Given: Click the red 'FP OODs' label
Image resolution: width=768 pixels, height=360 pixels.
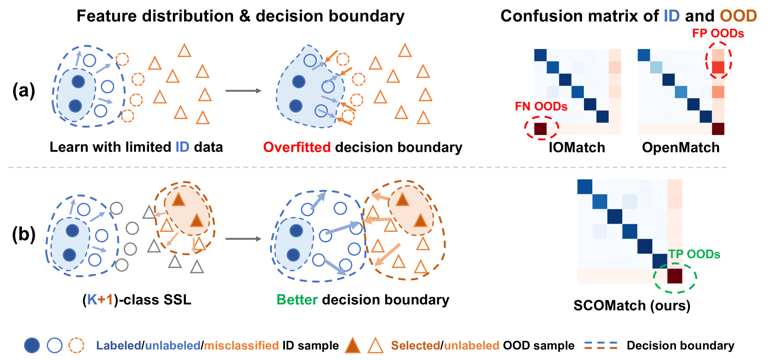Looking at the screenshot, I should click(718, 34).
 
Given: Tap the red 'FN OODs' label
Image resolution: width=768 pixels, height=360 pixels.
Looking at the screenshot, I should click(541, 106).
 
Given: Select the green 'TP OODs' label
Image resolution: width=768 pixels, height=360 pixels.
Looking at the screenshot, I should click(694, 254).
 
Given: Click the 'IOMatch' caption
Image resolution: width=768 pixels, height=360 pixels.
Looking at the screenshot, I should click(577, 148).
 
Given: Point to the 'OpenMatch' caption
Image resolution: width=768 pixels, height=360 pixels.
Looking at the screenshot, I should click(681, 148).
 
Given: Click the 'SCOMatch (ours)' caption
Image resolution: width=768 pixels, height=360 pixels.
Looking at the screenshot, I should click(632, 305).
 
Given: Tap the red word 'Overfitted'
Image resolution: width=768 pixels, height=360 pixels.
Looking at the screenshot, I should click(297, 148).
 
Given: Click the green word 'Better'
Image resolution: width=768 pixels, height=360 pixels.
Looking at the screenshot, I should click(297, 300).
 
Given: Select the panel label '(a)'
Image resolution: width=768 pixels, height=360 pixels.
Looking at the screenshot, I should click(24, 90).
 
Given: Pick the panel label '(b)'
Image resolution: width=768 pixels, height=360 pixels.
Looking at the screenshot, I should click(24, 234).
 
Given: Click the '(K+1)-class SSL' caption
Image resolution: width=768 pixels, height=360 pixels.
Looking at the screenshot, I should click(137, 300).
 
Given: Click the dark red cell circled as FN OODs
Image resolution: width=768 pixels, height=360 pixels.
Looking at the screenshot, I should click(540, 129).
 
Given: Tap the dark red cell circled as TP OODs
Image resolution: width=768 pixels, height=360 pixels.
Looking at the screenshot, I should click(675, 276).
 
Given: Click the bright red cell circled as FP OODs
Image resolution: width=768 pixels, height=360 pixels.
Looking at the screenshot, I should click(718, 67).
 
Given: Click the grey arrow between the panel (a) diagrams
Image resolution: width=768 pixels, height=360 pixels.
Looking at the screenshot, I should click(243, 91).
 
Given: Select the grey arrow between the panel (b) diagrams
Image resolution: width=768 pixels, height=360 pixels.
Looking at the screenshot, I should click(243, 239).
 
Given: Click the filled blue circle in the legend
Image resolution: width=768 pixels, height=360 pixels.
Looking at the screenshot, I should click(32, 346).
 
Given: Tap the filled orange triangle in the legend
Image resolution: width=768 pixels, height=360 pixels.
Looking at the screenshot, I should click(353, 346).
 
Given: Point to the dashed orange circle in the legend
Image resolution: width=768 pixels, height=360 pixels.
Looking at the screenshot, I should click(76, 346).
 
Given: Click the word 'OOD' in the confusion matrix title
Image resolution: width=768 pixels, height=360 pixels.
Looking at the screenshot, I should click(738, 16).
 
